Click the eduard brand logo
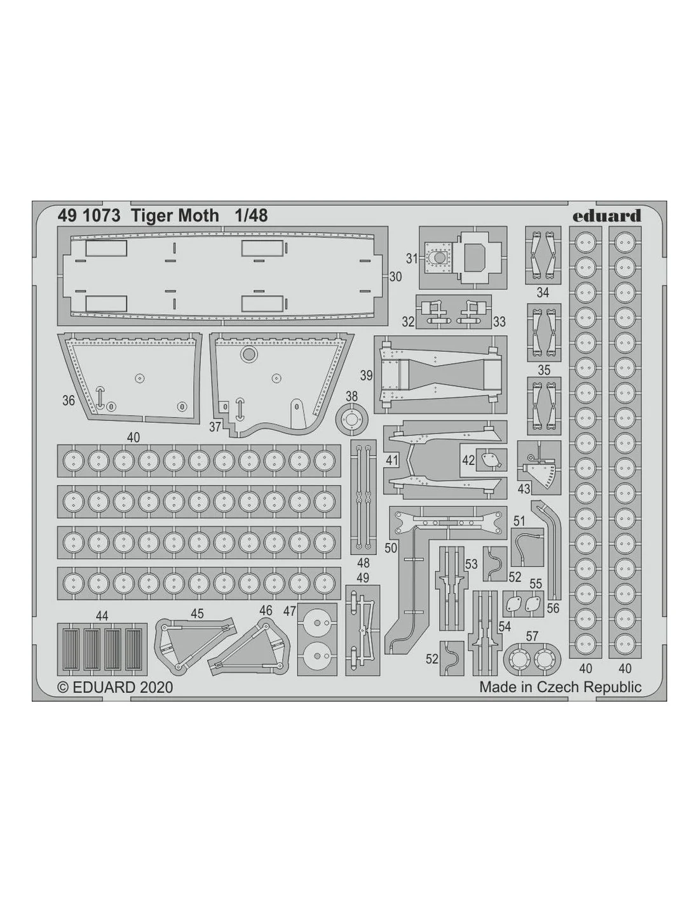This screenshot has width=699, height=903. tap(607, 216)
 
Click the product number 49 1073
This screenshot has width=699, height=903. tap(89, 216)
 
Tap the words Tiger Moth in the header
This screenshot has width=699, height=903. tap(175, 216)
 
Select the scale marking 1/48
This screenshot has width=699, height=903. tap(251, 216)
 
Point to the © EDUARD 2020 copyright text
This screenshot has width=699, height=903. tap(115, 687)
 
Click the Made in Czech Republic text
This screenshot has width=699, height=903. tap(560, 687)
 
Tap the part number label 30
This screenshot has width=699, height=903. tap(395, 276)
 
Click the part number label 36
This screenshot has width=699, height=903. tap(69, 400)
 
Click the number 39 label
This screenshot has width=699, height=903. tap(367, 376)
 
